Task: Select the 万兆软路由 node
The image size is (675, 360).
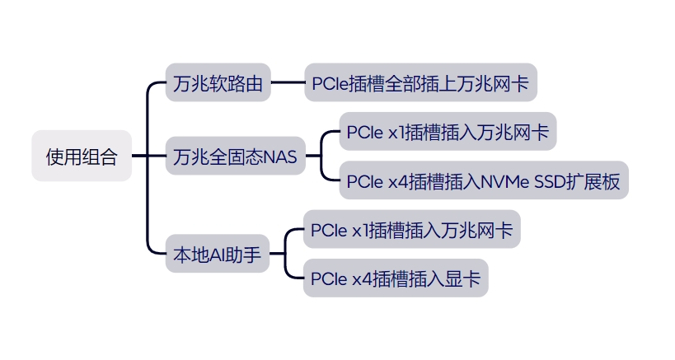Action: pos(218,82)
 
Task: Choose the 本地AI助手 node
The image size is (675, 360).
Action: pos(217,255)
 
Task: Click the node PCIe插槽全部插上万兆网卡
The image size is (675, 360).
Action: pos(420,82)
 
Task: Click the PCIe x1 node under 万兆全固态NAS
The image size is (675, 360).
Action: pos(448,132)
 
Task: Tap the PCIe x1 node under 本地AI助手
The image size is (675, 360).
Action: pos(412,231)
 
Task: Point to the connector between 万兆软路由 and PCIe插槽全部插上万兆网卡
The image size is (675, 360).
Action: pos(287,82)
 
